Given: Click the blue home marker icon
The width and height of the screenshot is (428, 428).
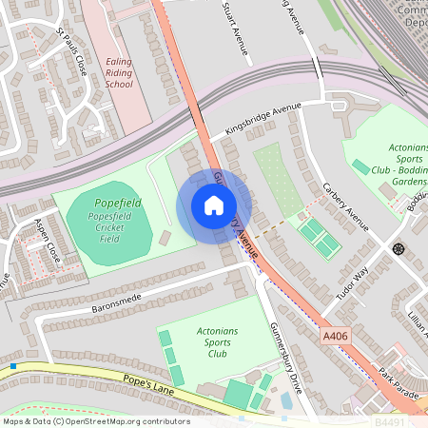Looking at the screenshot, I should tap(214, 205).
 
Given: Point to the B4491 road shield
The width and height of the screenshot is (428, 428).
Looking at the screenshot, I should tap(389, 419).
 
